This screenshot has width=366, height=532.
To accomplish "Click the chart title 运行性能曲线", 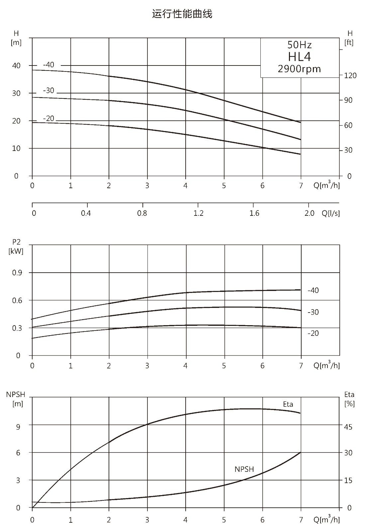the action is coord(182,14).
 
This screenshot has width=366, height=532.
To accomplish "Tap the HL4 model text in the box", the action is coord(299,57).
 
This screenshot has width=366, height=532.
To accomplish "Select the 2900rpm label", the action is coord(299,69).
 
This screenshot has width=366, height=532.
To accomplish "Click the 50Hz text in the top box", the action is coord(299,45).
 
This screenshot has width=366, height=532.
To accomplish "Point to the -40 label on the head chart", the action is coord(48,65).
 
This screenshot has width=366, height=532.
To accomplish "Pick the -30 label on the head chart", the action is coord(48,90).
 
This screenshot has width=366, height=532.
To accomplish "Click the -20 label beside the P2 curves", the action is coord(313,333).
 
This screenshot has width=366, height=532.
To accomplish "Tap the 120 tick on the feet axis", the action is coord(350,75).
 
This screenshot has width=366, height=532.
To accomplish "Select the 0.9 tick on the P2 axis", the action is coord(17,273).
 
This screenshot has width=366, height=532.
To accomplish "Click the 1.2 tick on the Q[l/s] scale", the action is coord(198,213).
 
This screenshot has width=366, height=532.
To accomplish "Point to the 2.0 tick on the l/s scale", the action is coord(309,213).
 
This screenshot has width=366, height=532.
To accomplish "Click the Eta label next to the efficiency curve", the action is coord(288,404).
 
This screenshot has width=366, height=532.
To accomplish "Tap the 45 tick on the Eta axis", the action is coord(348,427).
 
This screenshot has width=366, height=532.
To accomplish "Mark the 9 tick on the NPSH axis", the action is coord(18,427).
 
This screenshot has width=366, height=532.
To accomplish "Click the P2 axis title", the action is coord(16,242).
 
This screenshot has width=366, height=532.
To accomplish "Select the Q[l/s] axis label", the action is coord(331,213).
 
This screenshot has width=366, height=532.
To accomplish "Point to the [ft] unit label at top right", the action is coord(349,43).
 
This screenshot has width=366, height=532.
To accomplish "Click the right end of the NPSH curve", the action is coord(301,453).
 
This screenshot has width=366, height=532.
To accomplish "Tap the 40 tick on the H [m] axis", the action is coord(16,66).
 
